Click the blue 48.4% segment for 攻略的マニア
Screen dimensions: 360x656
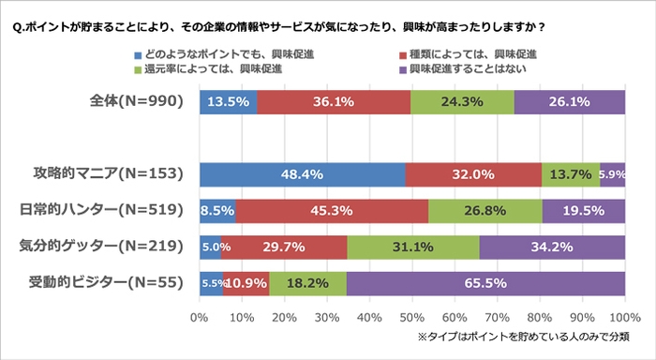[x=302, y=174]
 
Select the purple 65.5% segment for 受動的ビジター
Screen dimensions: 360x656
[x=485, y=283]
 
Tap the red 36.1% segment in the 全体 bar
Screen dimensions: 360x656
[x=334, y=102]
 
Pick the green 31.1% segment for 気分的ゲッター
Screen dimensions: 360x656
[x=412, y=247]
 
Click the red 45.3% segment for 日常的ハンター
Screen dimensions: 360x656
[x=332, y=211]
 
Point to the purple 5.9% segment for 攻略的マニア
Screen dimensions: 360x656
[x=613, y=174]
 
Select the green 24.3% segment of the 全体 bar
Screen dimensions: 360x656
[x=462, y=102]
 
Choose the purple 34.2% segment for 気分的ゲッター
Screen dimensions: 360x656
[x=552, y=247]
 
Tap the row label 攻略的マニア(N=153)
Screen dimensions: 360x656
[x=114, y=174]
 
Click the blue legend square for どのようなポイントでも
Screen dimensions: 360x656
[x=142, y=54]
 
